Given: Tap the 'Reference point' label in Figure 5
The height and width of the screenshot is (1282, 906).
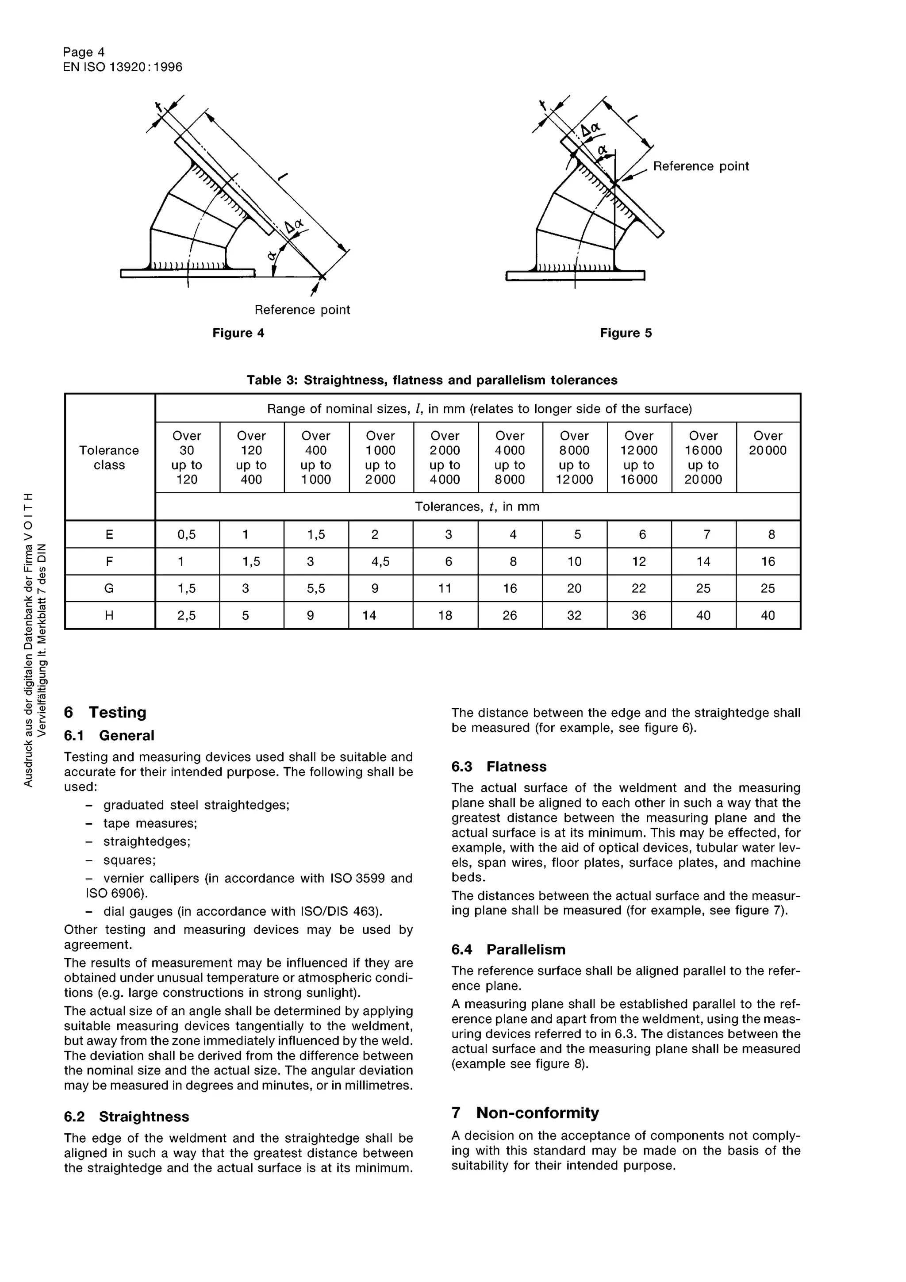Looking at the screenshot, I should point(701,166).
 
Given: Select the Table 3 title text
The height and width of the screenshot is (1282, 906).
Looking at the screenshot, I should point(432,380).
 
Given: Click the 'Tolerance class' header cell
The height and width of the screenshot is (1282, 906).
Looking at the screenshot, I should point(109,457).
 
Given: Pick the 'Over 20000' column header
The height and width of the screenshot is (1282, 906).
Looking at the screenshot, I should point(768,443).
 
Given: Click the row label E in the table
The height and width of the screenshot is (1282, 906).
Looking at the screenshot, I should point(109,535).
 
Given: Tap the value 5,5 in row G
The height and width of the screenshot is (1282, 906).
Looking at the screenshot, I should point(316,588).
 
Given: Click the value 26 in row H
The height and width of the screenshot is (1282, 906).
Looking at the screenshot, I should point(510,615).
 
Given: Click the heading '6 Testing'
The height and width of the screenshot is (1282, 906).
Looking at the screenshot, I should point(105,713).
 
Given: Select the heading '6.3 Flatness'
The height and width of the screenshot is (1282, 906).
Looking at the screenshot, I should point(499,767).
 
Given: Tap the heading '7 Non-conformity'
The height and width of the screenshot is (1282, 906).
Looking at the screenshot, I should point(525,1113).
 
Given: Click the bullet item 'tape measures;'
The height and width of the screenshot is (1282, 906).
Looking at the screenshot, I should point(150,824).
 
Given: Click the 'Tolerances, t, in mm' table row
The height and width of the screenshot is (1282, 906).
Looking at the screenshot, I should point(477,507).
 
